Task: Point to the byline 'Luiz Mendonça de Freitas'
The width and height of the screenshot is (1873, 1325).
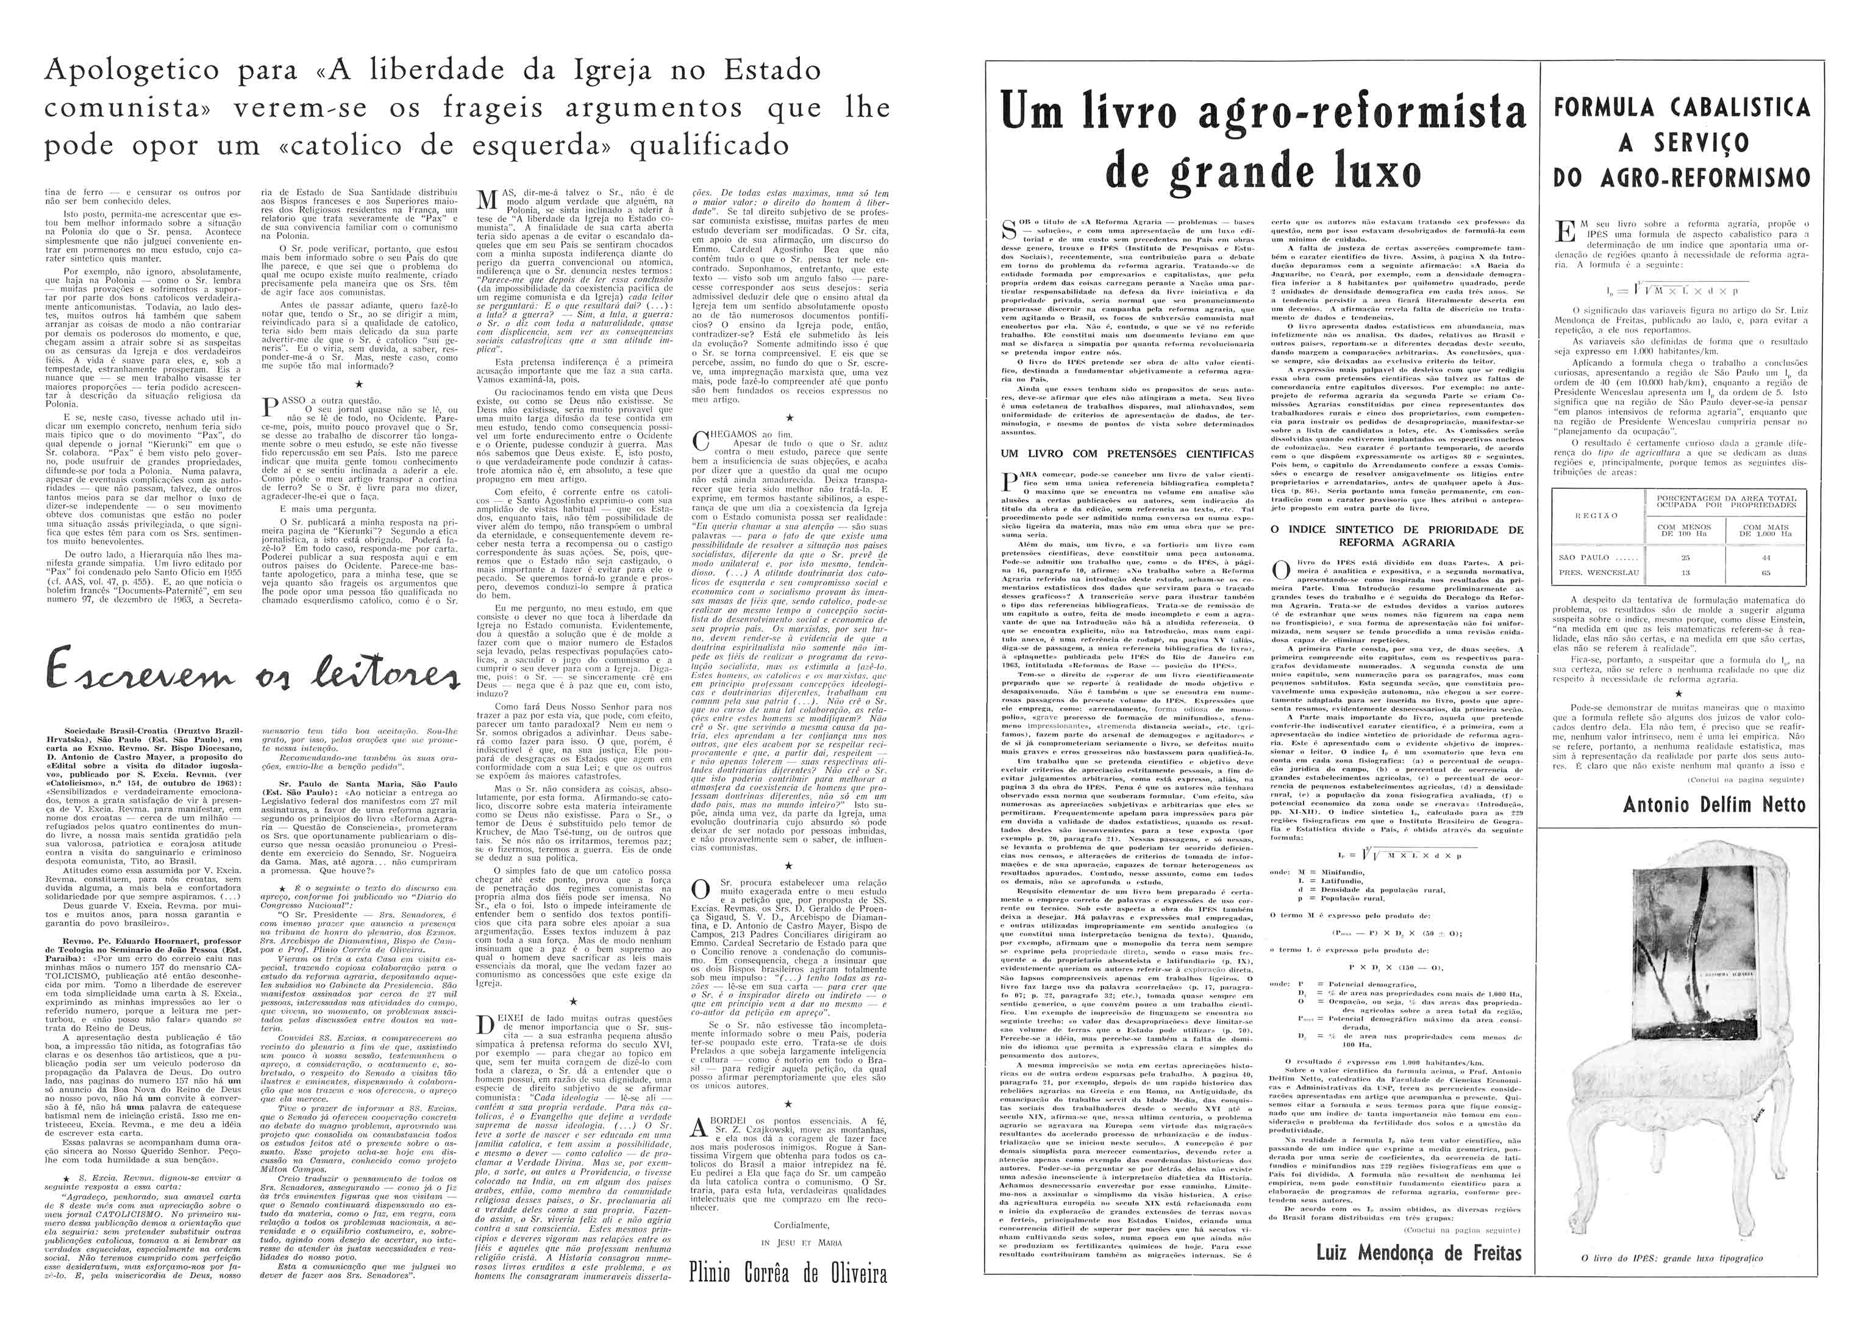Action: [x=1419, y=1252]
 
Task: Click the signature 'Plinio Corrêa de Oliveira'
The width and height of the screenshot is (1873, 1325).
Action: [x=788, y=1273]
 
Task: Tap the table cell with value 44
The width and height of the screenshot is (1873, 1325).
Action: [x=1759, y=558]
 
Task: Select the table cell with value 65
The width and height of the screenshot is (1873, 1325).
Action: [x=1759, y=573]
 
